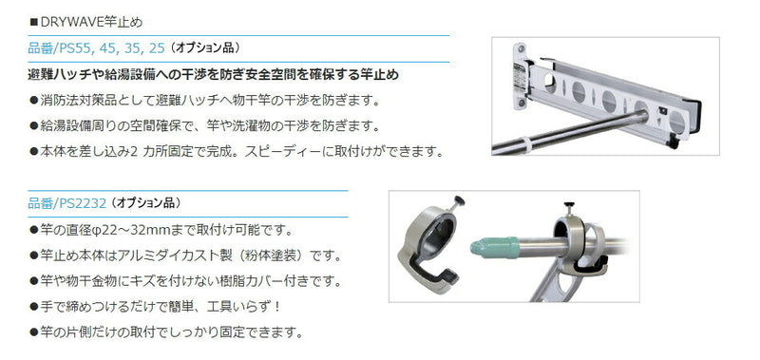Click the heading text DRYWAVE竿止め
pos(90,22)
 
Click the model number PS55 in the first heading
pos(85,47)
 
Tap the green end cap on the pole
pos(494,247)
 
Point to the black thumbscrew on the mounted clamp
pos(569,205)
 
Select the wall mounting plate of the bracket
pos(520,77)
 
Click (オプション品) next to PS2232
pos(146,203)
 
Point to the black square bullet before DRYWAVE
pos(33,23)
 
